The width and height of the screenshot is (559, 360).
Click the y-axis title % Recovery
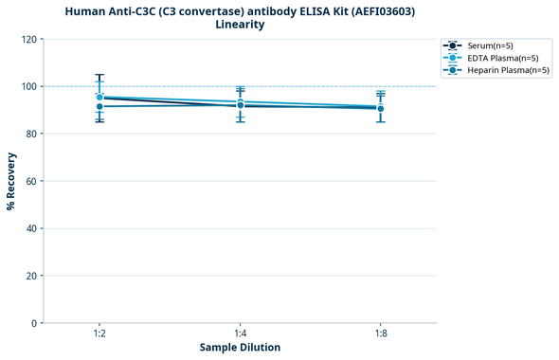coord(11,181)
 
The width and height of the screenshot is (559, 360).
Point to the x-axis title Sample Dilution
coord(240,348)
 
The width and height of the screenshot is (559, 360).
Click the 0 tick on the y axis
coord(34,323)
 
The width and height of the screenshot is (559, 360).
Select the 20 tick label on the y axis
coord(31,276)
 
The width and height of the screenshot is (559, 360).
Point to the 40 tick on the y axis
coord(31,228)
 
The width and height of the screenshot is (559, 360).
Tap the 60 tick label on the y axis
coord(31,181)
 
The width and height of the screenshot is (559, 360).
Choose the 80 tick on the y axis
coord(31,134)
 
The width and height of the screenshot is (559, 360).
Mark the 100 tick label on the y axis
coord(28,86)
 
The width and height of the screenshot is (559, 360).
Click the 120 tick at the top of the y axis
coord(28,39)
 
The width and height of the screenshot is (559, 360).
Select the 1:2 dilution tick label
coord(99,333)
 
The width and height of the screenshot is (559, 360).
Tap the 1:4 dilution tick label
coord(240,333)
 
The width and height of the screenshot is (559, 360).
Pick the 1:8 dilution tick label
coord(380,333)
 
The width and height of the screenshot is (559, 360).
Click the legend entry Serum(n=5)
coord(490,45)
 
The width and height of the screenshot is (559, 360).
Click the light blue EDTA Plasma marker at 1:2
coord(99,97)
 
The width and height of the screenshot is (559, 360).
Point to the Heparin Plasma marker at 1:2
coord(99,107)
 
